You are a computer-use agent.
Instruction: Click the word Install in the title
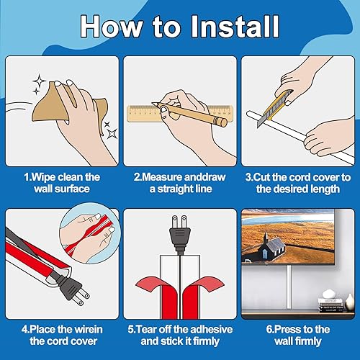tap(235, 26)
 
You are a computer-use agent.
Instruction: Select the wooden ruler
tap(180, 113)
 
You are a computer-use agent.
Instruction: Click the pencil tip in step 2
tap(153, 104)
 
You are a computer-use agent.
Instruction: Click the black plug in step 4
tap(72, 289)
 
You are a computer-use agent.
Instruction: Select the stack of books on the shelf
tap(330, 305)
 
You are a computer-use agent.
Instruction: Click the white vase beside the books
tap(349, 303)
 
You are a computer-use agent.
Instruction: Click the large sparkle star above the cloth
tap(40, 81)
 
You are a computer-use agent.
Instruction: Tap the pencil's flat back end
tap(223, 122)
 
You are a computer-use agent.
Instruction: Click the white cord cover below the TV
tap(289, 287)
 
